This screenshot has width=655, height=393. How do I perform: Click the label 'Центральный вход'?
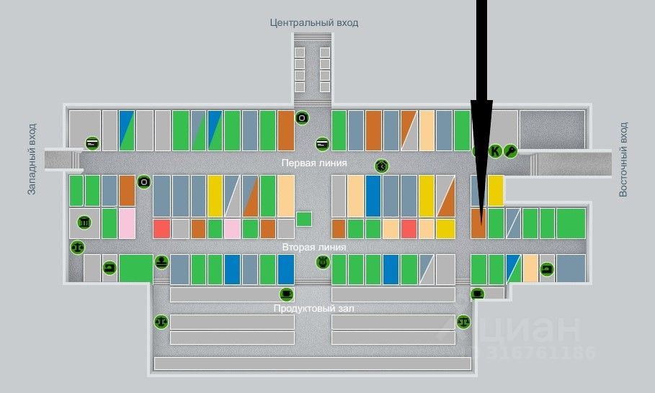click(x=313, y=22)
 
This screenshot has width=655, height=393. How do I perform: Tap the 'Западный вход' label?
click(x=32, y=159)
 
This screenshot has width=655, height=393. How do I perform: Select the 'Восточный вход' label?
click(x=624, y=159)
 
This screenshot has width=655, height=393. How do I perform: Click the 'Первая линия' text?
click(x=314, y=163)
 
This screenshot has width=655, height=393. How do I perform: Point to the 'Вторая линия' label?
click(x=314, y=247)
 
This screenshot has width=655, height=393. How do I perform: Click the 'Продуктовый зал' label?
click(x=314, y=308)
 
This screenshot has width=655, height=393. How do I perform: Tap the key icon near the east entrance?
click(x=510, y=150)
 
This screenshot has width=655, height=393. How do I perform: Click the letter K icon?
click(x=495, y=150)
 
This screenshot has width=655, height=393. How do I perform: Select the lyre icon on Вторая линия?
click(x=322, y=262)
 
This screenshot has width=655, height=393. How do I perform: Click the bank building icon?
click(x=85, y=222)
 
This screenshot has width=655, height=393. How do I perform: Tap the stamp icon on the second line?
click(x=161, y=262)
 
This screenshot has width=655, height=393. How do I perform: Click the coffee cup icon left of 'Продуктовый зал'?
click(x=286, y=294)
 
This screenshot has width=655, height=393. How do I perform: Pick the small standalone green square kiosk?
click(x=303, y=220)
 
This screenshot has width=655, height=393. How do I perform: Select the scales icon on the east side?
click(x=463, y=321)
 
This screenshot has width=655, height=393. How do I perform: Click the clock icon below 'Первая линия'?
click(x=380, y=166)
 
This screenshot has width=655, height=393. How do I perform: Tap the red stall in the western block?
click(x=161, y=229)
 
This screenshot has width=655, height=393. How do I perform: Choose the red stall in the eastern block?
click(x=409, y=229)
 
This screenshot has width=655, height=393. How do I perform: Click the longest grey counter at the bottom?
click(x=313, y=363)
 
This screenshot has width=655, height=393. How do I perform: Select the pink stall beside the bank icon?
click(x=127, y=223)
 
